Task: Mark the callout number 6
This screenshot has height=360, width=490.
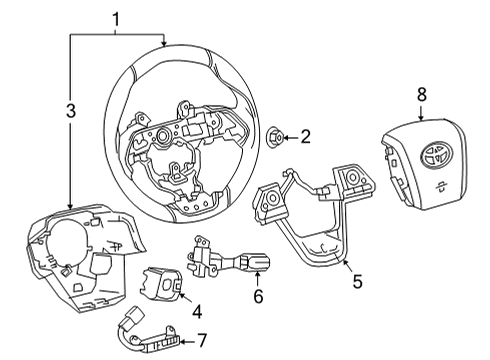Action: (258, 297)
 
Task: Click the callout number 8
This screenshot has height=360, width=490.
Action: (422, 95)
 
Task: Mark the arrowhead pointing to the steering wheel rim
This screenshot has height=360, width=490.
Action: (164, 43)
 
